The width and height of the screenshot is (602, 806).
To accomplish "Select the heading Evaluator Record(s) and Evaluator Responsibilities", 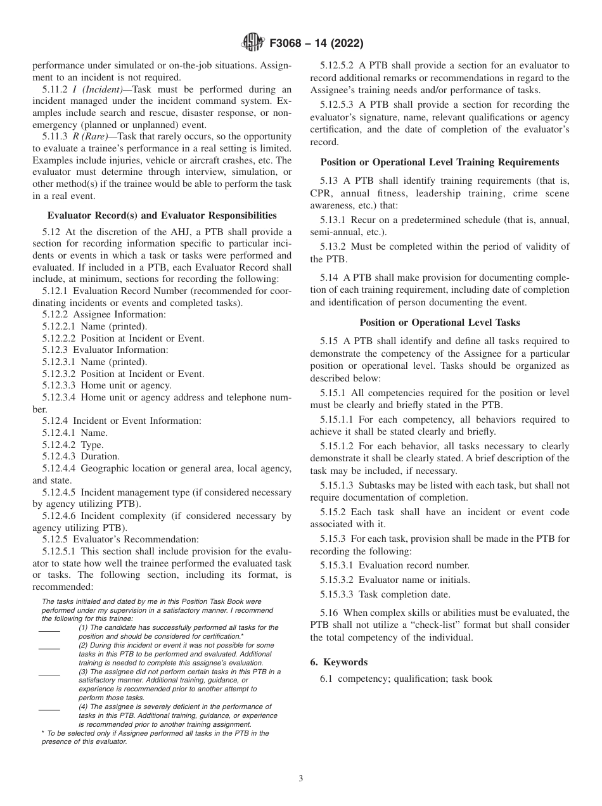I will pos(162,215).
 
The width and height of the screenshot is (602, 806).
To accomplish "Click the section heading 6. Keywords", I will pos(338,662).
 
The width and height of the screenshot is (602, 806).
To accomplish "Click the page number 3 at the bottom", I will pos(301,779).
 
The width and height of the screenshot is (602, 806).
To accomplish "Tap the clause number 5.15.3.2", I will pos(338,580).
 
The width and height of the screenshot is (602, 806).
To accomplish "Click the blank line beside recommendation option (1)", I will pos(49,630).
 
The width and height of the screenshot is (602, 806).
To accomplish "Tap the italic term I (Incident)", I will pos(100,89).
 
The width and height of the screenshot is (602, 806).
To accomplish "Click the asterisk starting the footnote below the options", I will pos(43,733).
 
